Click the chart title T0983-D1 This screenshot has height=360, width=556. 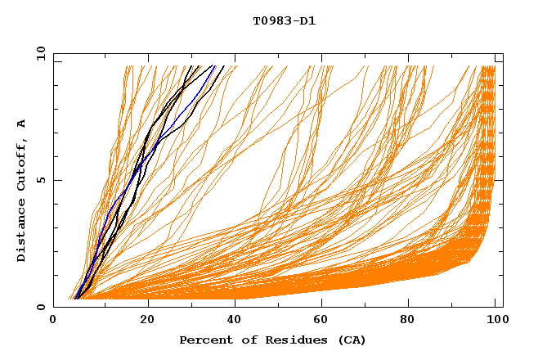coord(284,21)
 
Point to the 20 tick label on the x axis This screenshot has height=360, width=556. coord(147,321)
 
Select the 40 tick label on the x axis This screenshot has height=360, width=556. coord(236,321)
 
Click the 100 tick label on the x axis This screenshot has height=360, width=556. coord(495,321)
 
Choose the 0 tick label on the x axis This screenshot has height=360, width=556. coord(54,321)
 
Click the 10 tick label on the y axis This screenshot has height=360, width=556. coord(38,54)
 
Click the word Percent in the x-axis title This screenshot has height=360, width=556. coord(204,340)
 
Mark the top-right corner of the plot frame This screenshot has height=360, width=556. coord(503,54)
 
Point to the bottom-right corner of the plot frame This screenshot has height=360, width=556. coord(503,307)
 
